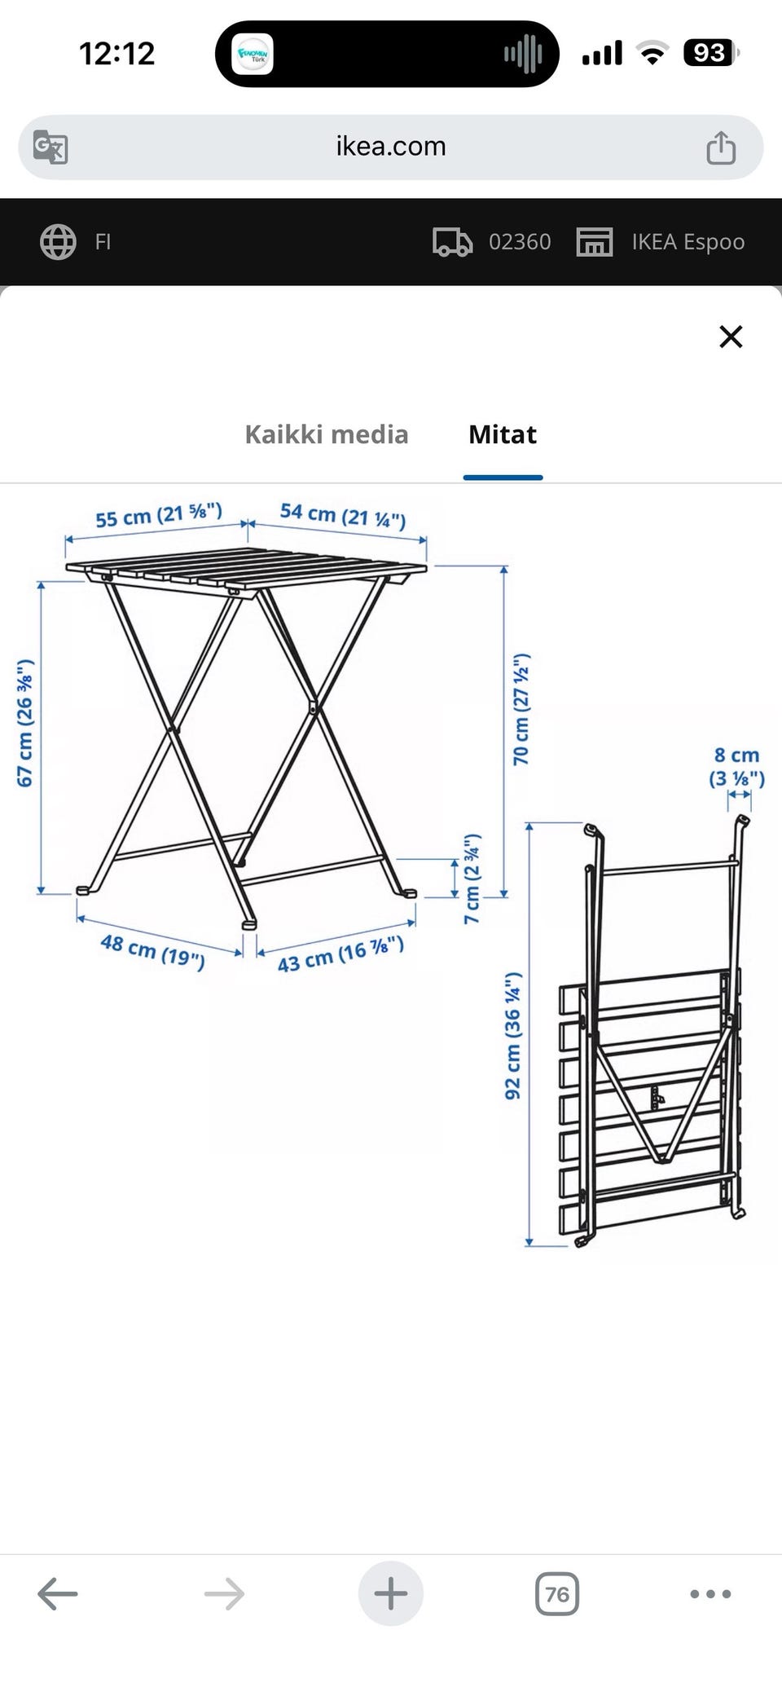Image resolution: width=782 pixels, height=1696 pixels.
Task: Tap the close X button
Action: click(731, 337)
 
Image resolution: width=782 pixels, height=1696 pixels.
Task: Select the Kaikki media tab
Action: click(327, 434)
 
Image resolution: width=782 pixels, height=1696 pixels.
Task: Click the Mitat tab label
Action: click(503, 434)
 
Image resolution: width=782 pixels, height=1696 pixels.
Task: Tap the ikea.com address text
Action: click(391, 147)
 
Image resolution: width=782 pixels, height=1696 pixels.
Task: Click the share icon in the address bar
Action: click(721, 148)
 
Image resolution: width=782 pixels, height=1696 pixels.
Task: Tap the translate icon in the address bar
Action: click(51, 148)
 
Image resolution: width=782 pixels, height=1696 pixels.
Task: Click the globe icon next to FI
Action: click(58, 242)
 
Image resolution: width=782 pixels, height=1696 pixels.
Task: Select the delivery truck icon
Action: click(452, 242)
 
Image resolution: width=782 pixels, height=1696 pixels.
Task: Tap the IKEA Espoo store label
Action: click(688, 242)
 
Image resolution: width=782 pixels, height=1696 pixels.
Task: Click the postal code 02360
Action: click(520, 242)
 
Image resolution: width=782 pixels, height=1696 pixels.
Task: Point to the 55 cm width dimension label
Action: click(159, 516)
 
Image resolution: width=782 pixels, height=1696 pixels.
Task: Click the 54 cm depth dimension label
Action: click(343, 516)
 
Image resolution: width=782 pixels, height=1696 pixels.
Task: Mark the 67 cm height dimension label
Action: click(25, 723)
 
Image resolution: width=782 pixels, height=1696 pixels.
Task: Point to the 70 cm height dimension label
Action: click(521, 708)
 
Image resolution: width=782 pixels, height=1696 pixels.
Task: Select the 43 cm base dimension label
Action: click(340, 954)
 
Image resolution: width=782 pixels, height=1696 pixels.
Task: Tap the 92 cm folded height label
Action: click(512, 1035)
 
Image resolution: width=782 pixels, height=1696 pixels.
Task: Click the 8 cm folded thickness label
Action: click(737, 768)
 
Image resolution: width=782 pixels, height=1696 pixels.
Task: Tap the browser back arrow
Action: click(58, 1593)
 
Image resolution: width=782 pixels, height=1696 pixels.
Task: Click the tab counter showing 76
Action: click(557, 1593)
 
